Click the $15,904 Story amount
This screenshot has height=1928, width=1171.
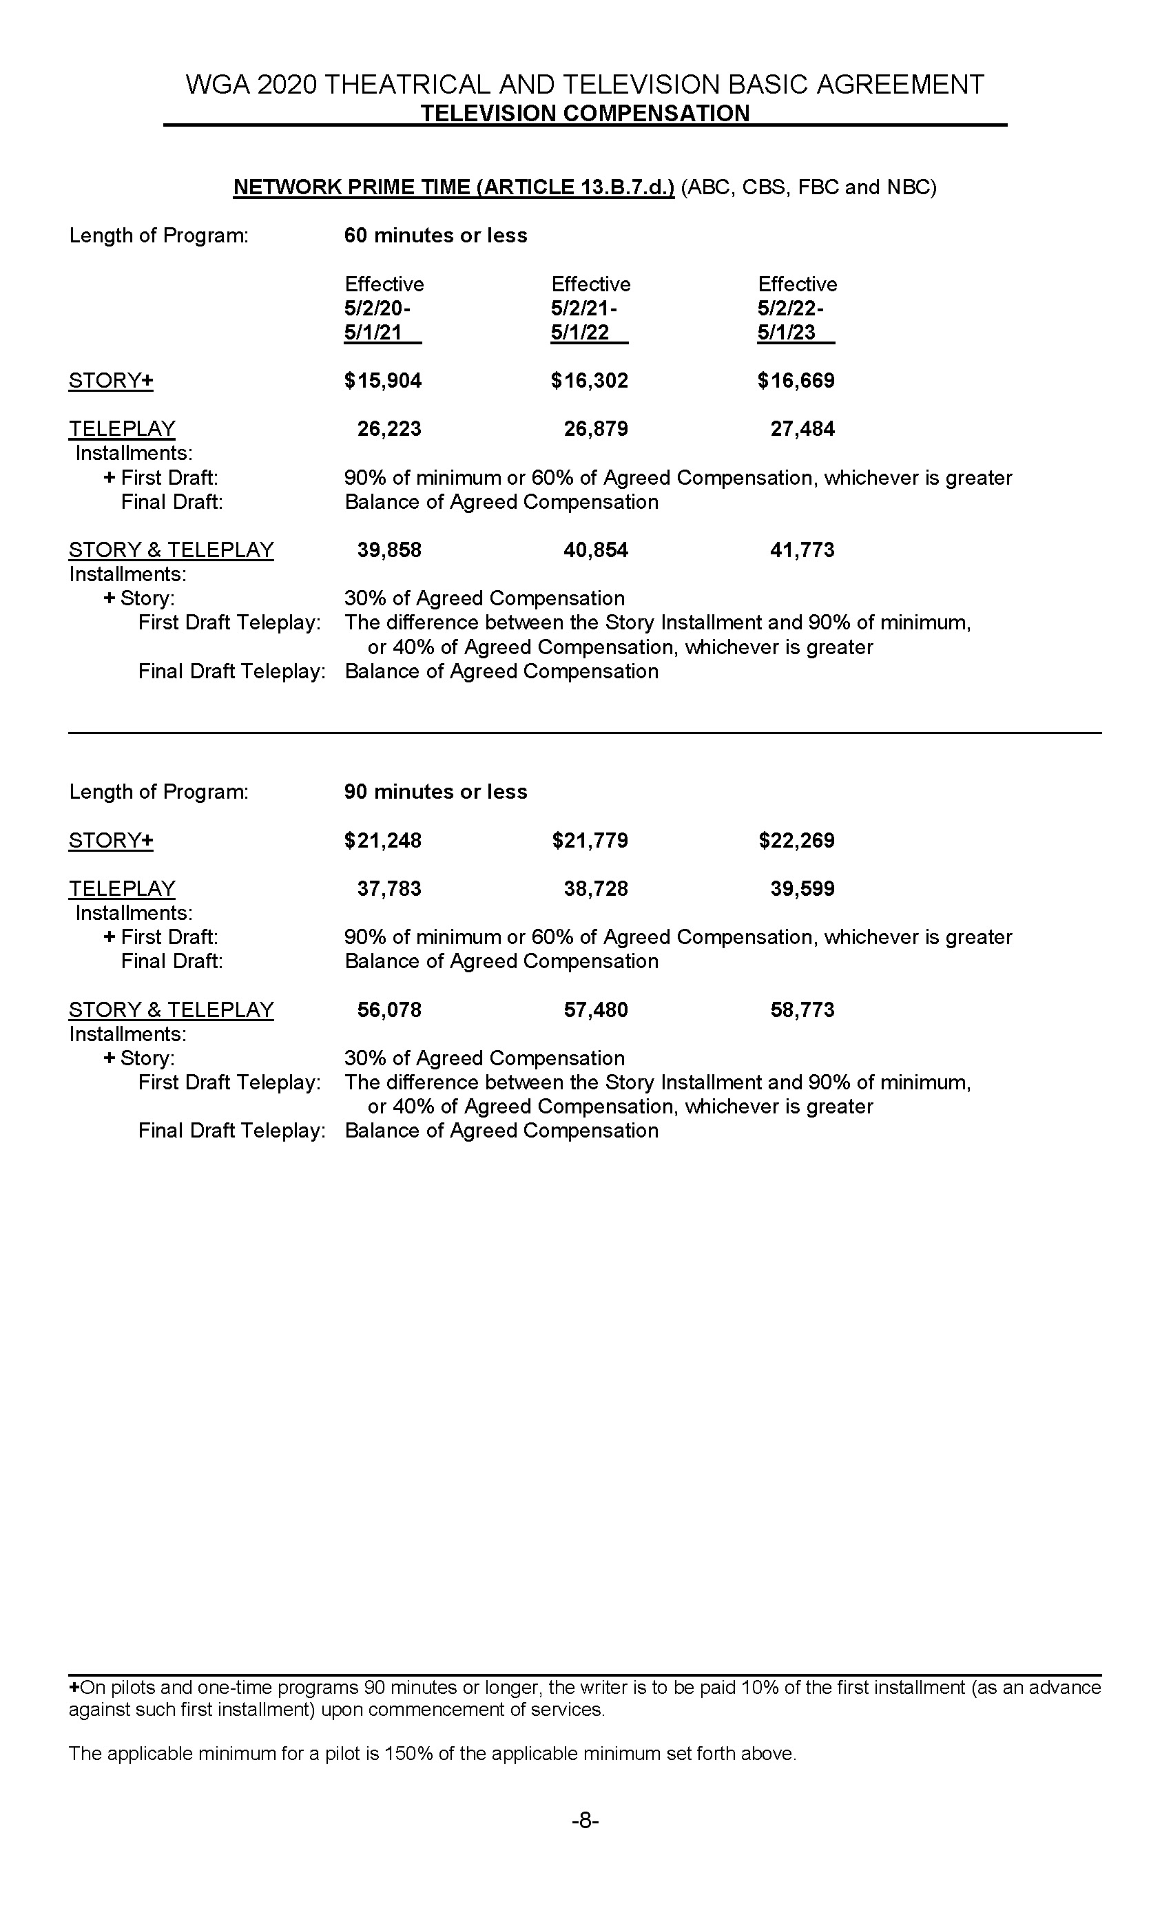[383, 381]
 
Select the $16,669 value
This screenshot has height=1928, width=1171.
[796, 381]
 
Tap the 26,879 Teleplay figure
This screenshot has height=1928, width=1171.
[596, 429]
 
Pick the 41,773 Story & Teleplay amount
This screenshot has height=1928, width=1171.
[802, 550]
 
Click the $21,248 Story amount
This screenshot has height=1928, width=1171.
[383, 840]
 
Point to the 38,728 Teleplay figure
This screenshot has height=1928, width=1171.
[596, 889]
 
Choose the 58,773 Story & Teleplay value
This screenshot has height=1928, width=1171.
[802, 1010]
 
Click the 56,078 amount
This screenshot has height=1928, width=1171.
[389, 1010]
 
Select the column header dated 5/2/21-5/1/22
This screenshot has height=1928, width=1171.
[590, 308]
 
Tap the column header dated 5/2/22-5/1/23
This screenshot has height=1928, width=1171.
[796, 308]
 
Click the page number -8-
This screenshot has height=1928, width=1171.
[585, 1821]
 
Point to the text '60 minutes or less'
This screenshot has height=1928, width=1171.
[435, 235]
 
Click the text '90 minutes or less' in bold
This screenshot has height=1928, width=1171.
[435, 792]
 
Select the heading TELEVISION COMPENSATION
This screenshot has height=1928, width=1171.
[585, 114]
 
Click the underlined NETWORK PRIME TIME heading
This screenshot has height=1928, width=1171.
[453, 188]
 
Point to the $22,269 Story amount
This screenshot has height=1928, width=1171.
[796, 840]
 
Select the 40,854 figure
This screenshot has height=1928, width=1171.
[596, 550]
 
